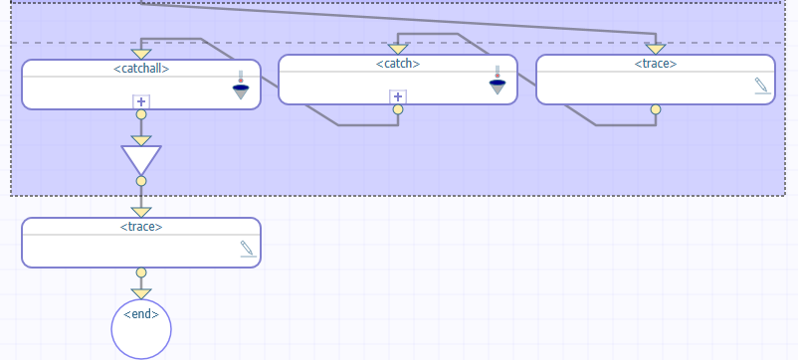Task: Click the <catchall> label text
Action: coord(141,69)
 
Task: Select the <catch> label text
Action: coord(398,64)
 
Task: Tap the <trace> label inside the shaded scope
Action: coord(656,64)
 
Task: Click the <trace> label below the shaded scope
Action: coord(141,227)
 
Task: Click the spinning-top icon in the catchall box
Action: coord(241,87)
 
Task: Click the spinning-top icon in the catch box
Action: coord(499,82)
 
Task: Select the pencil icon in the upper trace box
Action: coord(762,87)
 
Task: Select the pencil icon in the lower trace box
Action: coord(248,249)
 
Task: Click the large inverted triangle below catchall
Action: coord(141,159)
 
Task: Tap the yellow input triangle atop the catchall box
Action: coord(141,53)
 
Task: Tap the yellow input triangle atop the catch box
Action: coord(398,48)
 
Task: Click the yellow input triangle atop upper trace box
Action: coord(655,48)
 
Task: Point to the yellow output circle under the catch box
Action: coord(398,109)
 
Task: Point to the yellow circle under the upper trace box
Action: coord(655,109)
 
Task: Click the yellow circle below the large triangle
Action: coord(141,181)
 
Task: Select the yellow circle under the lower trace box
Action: coord(141,272)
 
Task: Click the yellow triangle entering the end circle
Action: coord(141,293)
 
